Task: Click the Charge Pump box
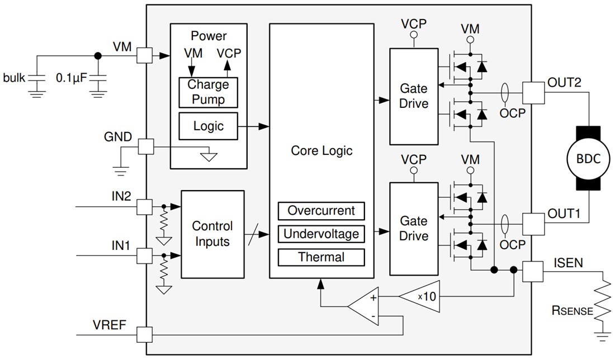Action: click(208, 92)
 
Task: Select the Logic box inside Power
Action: click(208, 126)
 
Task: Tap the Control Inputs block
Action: click(212, 234)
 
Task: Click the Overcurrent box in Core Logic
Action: click(321, 211)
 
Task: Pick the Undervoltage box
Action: click(321, 234)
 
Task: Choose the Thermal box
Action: click(321, 257)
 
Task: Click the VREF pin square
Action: click(145, 335)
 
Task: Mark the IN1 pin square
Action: click(145, 256)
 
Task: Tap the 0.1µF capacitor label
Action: click(72, 78)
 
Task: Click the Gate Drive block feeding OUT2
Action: click(413, 96)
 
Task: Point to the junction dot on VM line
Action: click(98, 55)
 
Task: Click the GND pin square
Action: click(145, 147)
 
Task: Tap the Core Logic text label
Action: click(321, 151)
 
